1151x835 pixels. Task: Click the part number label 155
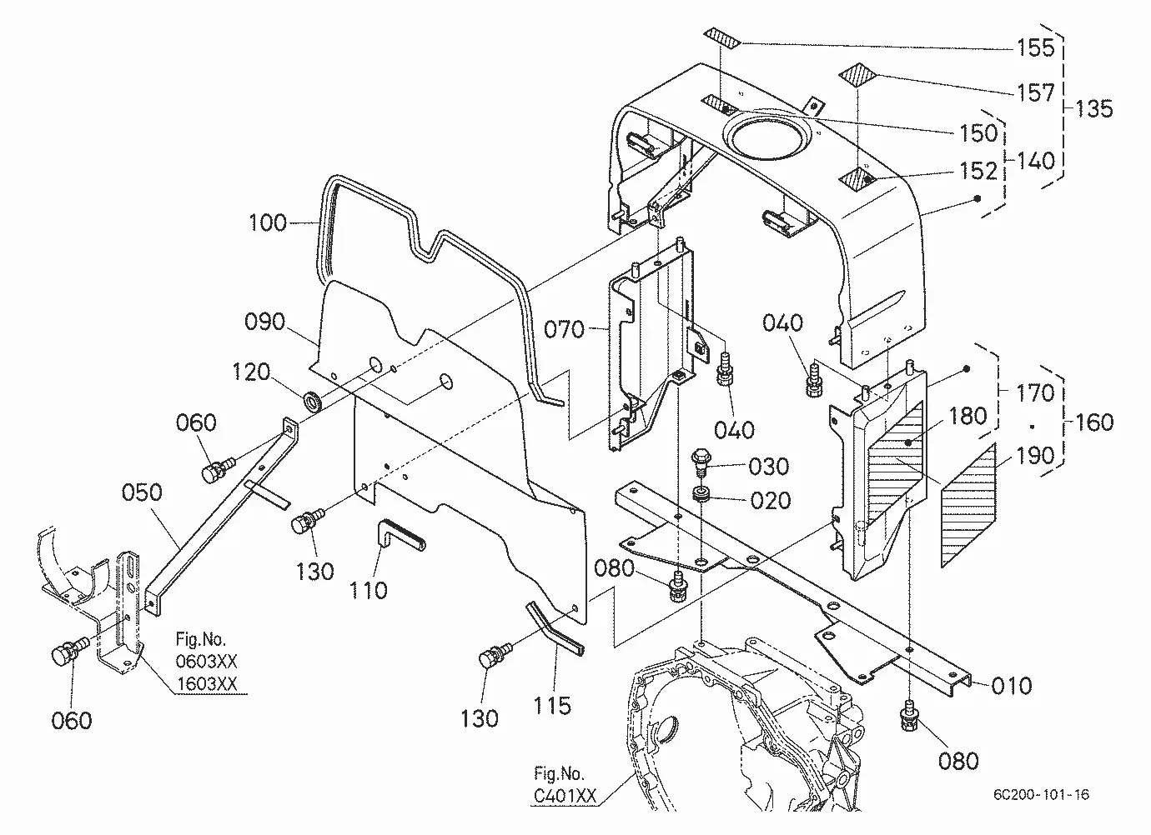point(1036,47)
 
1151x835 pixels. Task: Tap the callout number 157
point(1036,92)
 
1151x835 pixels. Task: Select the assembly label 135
point(1094,109)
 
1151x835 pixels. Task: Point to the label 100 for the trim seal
point(267,222)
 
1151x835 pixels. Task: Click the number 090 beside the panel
point(264,322)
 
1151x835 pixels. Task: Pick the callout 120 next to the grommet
point(251,372)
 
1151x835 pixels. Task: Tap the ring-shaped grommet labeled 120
point(313,401)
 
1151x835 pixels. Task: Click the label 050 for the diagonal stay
point(142,492)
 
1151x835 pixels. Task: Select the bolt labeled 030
point(701,462)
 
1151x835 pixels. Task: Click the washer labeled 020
point(701,494)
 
